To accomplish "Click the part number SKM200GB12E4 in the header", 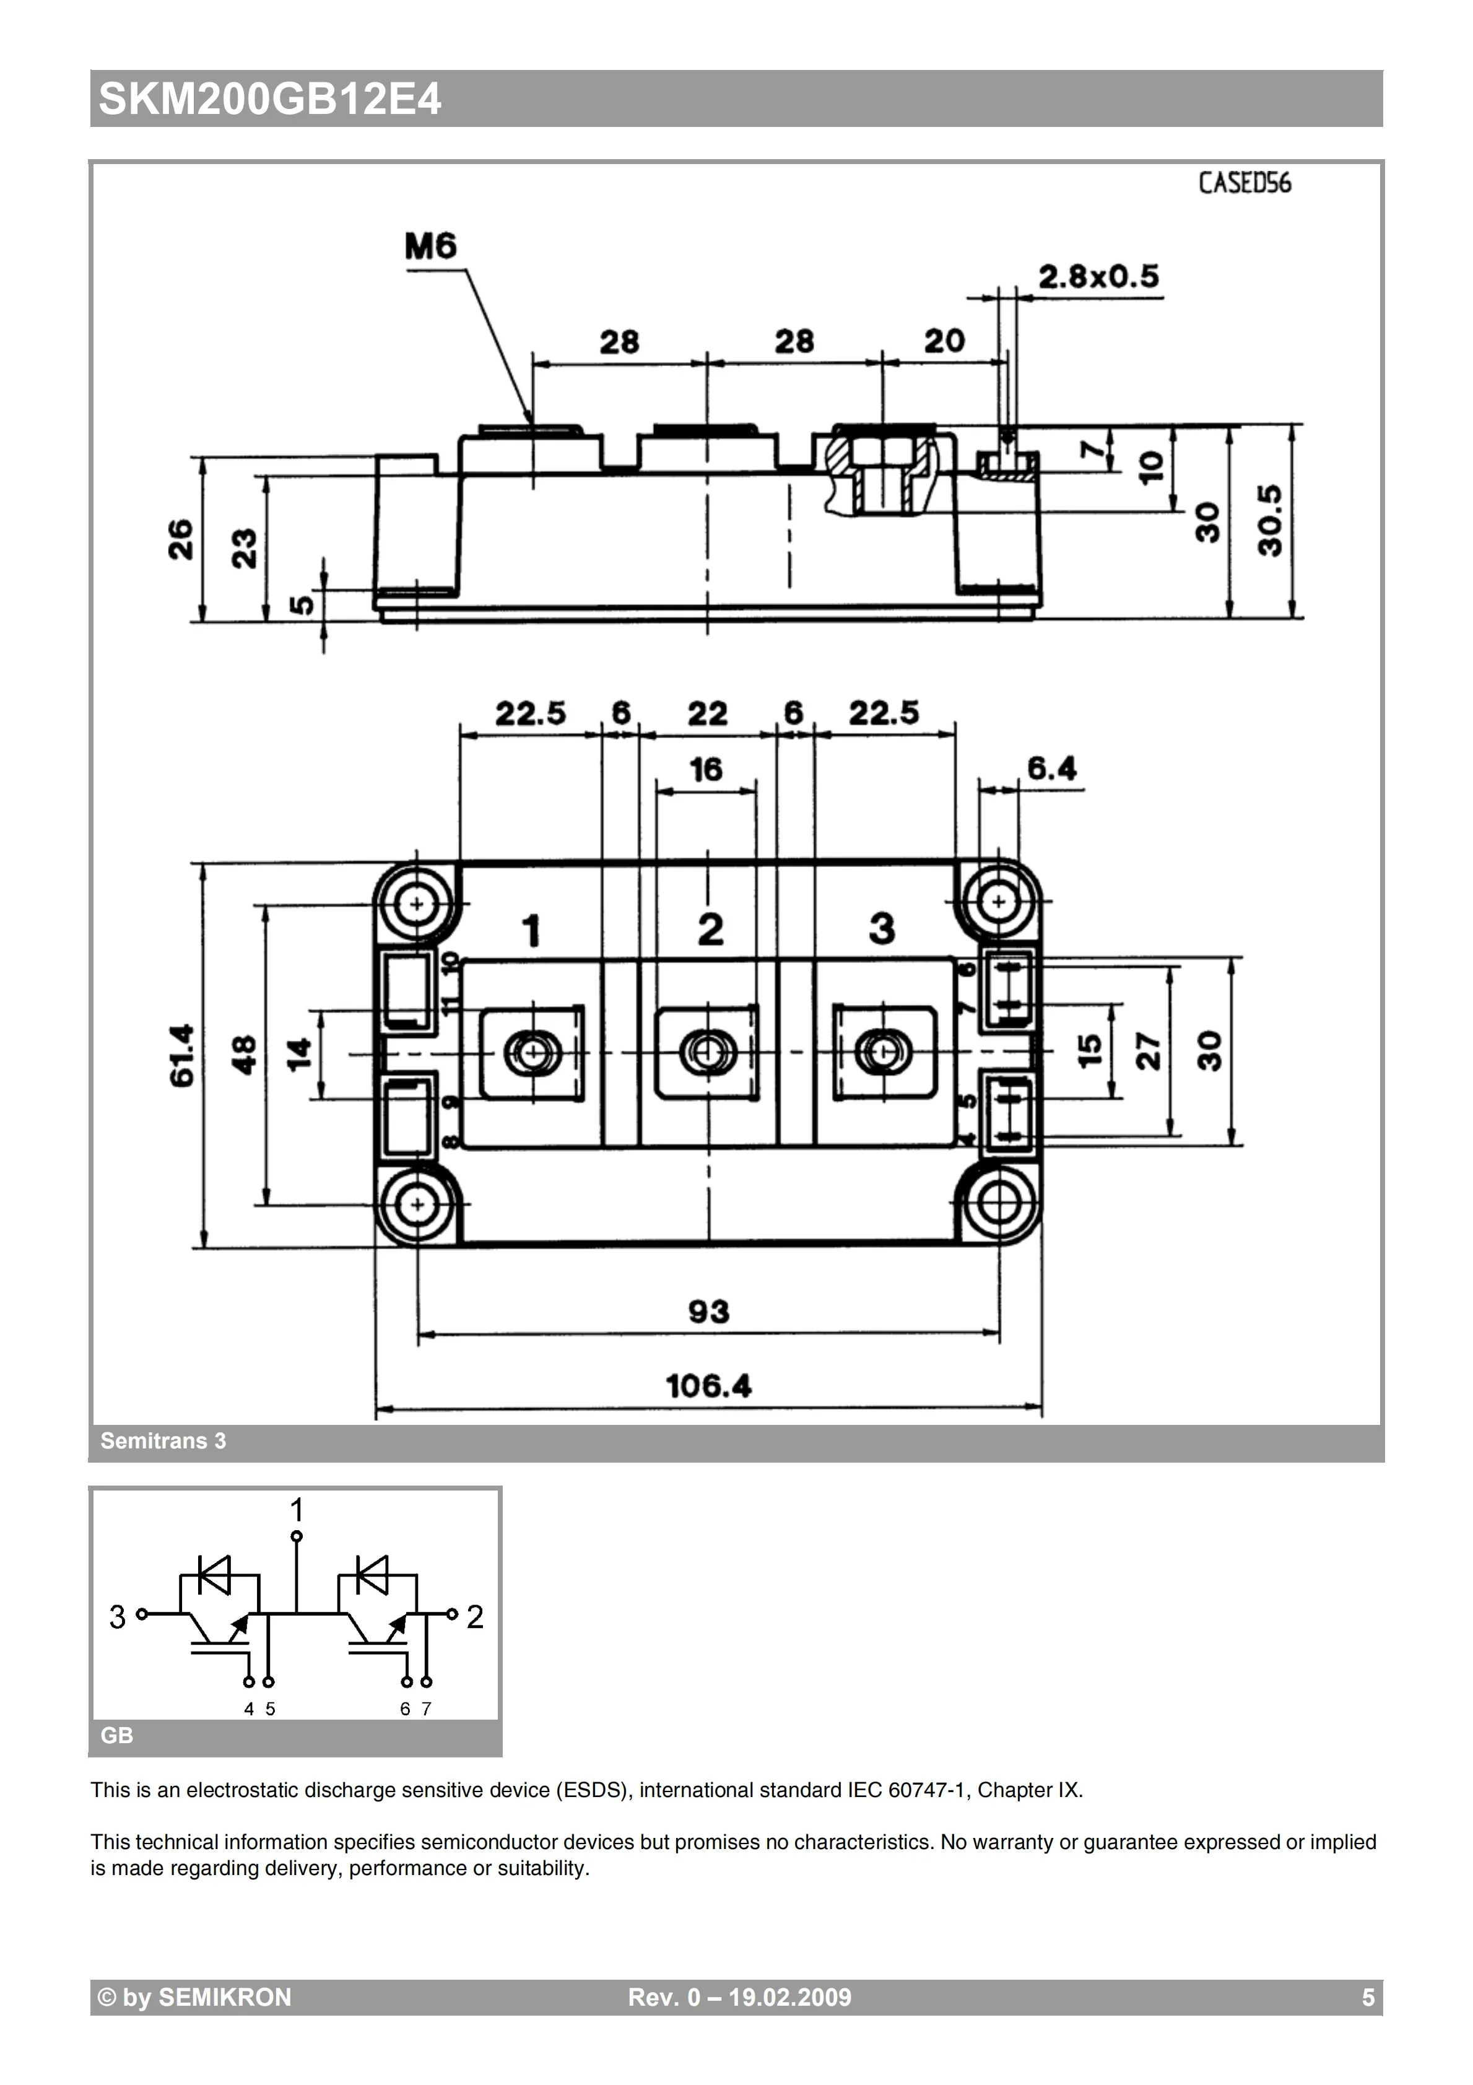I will click(x=270, y=100).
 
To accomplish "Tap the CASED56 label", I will click(x=1243, y=183).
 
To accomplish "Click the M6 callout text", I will click(x=430, y=246).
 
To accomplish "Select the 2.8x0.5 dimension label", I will click(x=1098, y=277).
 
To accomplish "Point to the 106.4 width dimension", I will click(x=708, y=1386).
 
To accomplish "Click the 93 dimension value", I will click(x=708, y=1312).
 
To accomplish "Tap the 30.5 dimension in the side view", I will click(x=1269, y=520).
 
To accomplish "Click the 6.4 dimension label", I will click(x=1051, y=769).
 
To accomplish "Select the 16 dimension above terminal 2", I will click(x=706, y=770).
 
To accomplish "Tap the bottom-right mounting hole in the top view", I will click(x=999, y=1205).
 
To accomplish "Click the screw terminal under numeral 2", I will click(x=708, y=1053).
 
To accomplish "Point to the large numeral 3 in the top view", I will click(x=882, y=929).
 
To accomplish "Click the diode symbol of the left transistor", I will click(x=214, y=1575).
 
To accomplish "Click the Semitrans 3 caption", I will click(x=163, y=1441).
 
